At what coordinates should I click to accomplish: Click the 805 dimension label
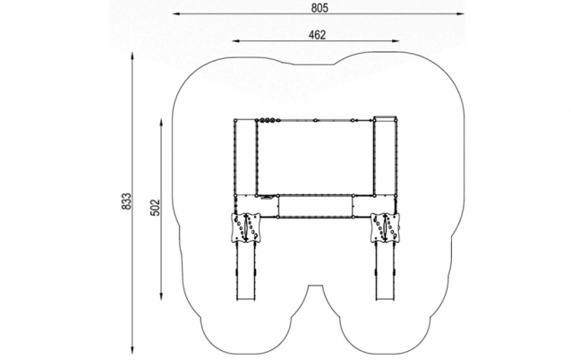click(320, 8)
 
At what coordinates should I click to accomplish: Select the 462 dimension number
click(317, 35)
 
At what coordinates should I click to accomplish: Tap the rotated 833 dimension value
click(126, 201)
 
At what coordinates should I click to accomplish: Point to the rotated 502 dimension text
click(155, 208)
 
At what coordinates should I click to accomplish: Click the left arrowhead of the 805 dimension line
click(177, 13)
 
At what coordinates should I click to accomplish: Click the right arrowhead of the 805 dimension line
click(460, 13)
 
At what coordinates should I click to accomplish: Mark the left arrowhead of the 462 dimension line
click(236, 41)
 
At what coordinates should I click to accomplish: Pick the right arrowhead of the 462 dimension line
click(395, 41)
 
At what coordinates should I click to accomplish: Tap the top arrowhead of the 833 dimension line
click(132, 56)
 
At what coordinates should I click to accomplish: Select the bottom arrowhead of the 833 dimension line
click(132, 349)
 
